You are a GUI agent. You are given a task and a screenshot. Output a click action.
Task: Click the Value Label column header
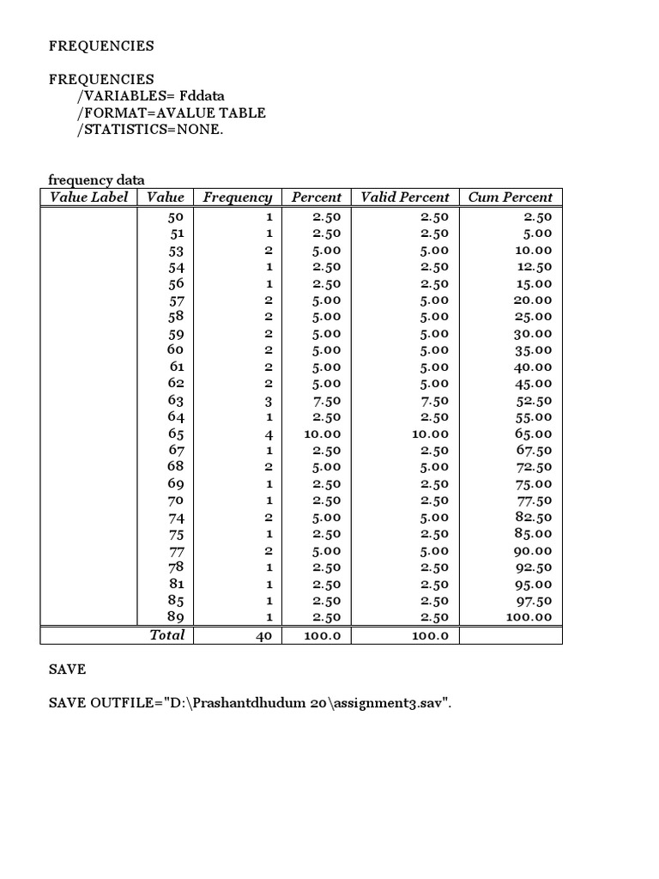pos(89,197)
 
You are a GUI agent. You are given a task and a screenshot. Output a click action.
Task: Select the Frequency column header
pos(237,197)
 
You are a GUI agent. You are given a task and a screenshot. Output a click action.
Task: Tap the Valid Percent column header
pos(405,197)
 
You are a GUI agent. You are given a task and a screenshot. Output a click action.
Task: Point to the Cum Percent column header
pos(511,197)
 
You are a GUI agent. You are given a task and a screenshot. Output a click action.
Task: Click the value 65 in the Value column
pos(176,433)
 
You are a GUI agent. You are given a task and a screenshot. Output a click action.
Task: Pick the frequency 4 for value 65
pos(268,433)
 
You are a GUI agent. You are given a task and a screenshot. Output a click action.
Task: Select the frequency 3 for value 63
pos(268,401)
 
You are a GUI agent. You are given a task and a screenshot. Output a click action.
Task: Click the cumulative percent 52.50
pos(533,401)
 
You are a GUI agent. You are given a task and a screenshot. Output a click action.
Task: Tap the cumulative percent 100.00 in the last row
pos(529,617)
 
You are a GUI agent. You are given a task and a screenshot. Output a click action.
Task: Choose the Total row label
pos(167,635)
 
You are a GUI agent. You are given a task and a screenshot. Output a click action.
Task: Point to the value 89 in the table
pos(176,617)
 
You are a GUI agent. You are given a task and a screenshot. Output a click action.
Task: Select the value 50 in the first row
pos(176,216)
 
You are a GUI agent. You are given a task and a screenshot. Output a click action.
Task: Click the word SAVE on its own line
pos(67,669)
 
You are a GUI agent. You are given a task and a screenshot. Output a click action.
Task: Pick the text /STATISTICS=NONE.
pos(142,130)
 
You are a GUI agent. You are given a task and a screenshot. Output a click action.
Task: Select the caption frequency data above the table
pos(96,179)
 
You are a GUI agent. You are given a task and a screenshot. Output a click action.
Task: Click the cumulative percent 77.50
pos(533,500)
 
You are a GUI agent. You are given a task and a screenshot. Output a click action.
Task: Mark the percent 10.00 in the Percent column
pos(323,433)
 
